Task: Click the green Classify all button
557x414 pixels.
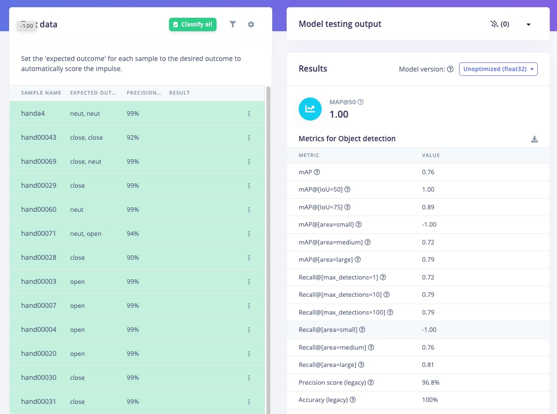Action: [x=193, y=24]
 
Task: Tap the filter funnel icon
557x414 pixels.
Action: [x=233, y=24]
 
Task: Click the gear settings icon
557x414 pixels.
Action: [x=251, y=24]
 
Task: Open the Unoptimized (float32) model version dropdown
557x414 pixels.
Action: [x=498, y=69]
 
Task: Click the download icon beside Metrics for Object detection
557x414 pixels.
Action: [x=534, y=139]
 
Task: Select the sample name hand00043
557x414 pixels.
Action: [x=39, y=137]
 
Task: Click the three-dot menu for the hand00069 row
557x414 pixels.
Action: [x=249, y=162]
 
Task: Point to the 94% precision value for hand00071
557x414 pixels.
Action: [x=133, y=233]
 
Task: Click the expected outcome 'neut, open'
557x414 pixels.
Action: [x=85, y=233]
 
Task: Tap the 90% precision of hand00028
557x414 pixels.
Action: [x=133, y=257]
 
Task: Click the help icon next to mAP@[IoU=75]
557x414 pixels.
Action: [x=348, y=207]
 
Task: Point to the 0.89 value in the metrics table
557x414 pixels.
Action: [x=428, y=207]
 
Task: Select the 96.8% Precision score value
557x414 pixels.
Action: [x=431, y=382]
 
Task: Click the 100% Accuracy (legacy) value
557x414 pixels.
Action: [x=430, y=400]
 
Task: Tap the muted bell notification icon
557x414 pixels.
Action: [x=494, y=24]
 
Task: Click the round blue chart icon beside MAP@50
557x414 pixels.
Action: [x=310, y=109]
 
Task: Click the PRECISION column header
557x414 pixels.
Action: [x=144, y=93]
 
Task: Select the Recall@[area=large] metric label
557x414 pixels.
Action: [x=327, y=365]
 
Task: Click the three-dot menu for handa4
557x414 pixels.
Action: [x=249, y=114]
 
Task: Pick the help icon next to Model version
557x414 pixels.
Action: [x=450, y=69]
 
